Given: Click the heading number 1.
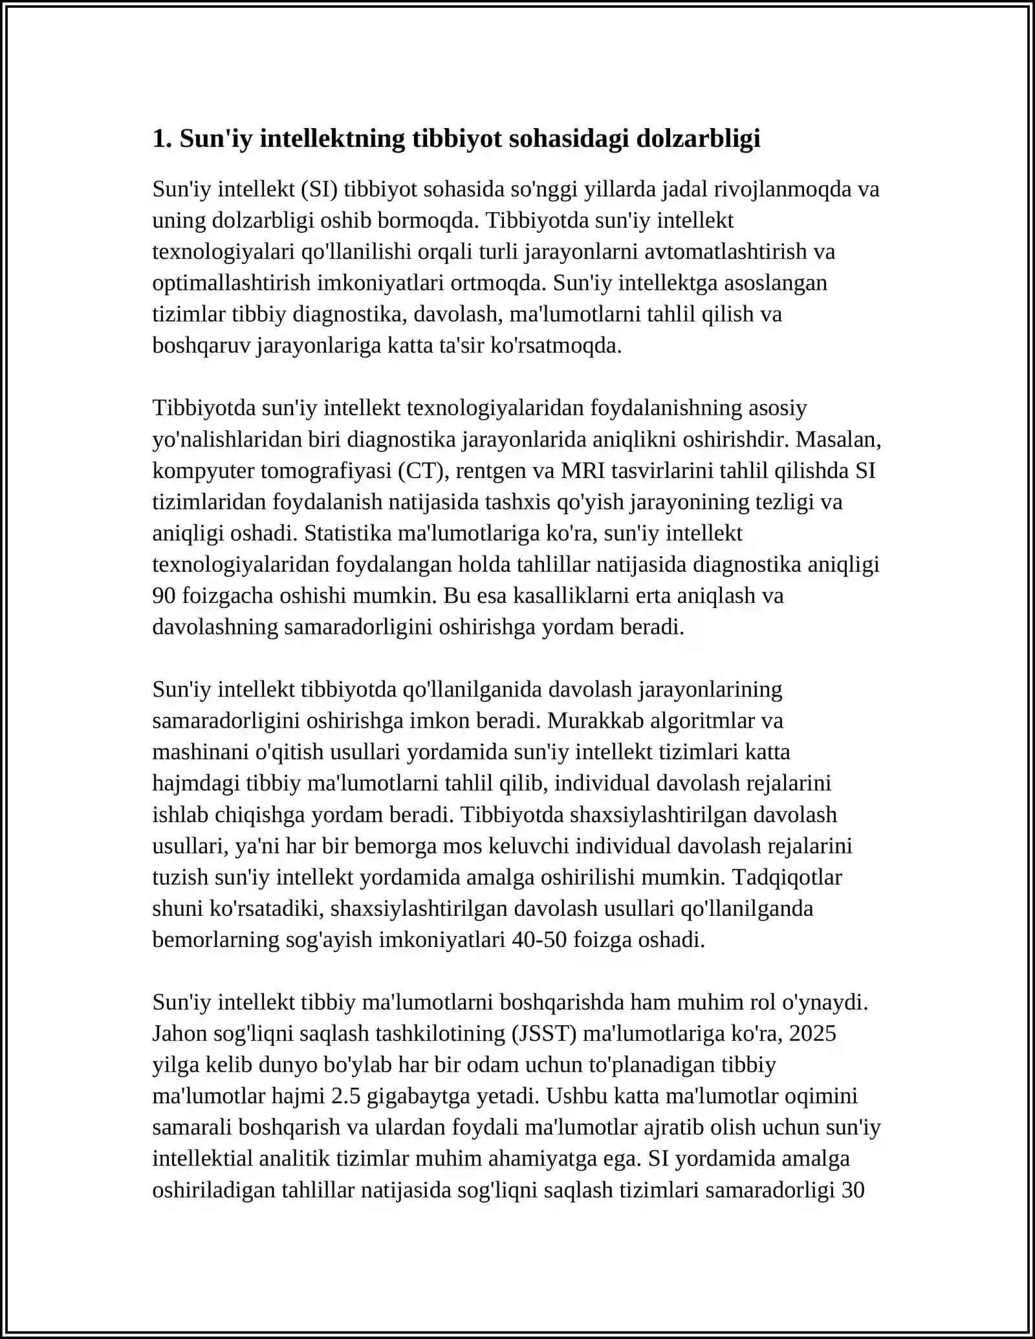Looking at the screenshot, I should (162, 139).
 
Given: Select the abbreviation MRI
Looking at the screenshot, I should (582, 471).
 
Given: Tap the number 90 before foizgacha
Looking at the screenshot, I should (164, 596).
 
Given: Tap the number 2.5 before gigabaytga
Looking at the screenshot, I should (345, 1096).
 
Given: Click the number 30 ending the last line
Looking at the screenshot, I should (853, 1190).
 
